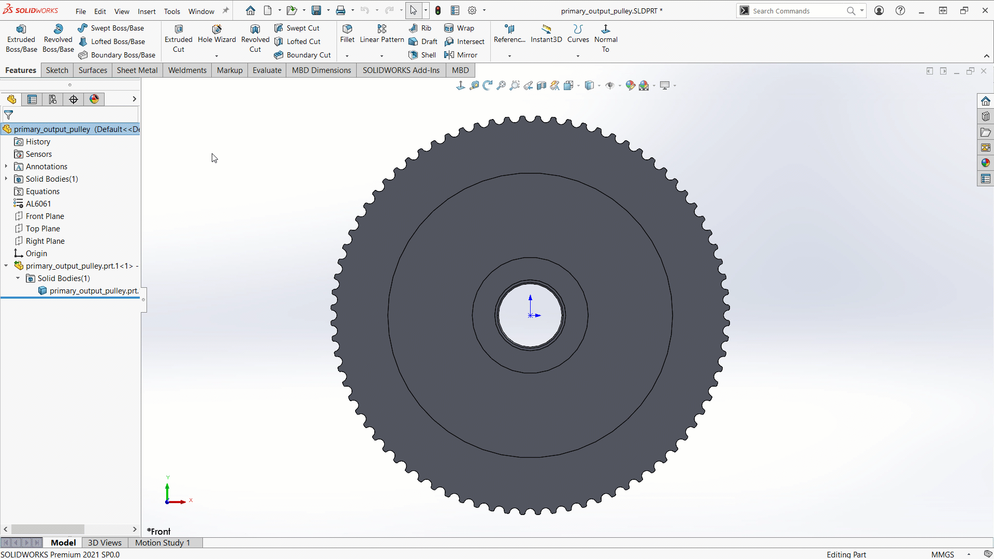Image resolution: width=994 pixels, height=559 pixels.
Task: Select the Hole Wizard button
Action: point(216,34)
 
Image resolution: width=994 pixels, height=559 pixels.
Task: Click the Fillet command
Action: point(347,34)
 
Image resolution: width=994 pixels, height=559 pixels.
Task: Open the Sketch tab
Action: point(57,70)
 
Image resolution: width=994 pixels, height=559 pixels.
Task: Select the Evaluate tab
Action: point(267,70)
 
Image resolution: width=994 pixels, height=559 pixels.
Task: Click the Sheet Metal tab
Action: point(137,70)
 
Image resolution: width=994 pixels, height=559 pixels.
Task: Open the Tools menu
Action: point(172,11)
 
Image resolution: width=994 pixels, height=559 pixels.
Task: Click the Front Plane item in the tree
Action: point(45,216)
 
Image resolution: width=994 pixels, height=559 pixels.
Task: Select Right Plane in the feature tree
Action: point(45,241)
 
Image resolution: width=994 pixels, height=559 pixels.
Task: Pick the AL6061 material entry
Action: point(38,204)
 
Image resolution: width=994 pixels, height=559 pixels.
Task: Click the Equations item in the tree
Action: point(42,192)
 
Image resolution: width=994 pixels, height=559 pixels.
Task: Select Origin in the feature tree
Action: point(36,254)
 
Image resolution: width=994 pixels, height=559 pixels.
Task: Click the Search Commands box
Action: point(797,11)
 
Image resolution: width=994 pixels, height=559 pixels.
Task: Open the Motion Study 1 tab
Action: point(163,542)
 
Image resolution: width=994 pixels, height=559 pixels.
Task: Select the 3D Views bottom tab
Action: point(105,542)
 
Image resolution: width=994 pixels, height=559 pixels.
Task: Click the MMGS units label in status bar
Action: point(942,554)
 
